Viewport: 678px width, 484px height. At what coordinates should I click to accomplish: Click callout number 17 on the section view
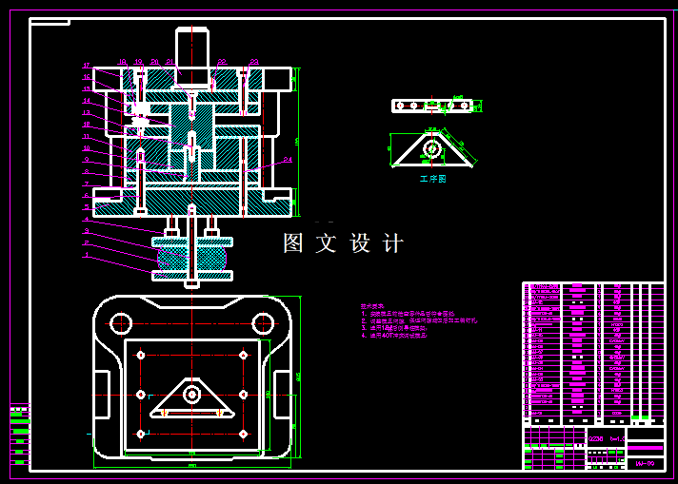(x=86, y=66)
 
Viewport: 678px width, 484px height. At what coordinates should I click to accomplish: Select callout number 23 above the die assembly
(x=254, y=62)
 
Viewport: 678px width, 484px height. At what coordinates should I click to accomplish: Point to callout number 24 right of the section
(x=288, y=161)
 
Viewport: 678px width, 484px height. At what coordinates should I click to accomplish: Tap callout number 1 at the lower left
(x=86, y=255)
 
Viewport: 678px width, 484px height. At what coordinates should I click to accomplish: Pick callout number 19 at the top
(x=138, y=62)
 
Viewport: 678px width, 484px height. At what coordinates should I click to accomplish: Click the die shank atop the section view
(x=192, y=48)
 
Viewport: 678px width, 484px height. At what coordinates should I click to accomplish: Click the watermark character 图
(x=293, y=243)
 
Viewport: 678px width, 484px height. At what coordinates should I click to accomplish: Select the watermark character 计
(x=393, y=243)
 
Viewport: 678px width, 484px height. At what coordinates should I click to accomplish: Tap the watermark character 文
(x=327, y=243)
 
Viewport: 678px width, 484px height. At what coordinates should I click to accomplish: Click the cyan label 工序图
(x=432, y=179)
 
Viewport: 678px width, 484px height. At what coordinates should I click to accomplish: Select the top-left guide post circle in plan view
(x=120, y=322)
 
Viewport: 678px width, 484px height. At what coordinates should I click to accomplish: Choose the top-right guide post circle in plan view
(x=264, y=322)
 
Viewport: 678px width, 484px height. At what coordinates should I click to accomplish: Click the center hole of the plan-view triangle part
(x=192, y=393)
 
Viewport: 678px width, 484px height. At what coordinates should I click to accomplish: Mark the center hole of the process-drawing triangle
(x=431, y=148)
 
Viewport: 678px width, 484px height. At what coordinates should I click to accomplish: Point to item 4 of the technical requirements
(x=394, y=336)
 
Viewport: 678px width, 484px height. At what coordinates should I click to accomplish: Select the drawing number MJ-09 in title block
(x=645, y=463)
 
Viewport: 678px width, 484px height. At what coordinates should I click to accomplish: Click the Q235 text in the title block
(x=596, y=438)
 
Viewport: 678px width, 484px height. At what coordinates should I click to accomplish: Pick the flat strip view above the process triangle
(x=432, y=106)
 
